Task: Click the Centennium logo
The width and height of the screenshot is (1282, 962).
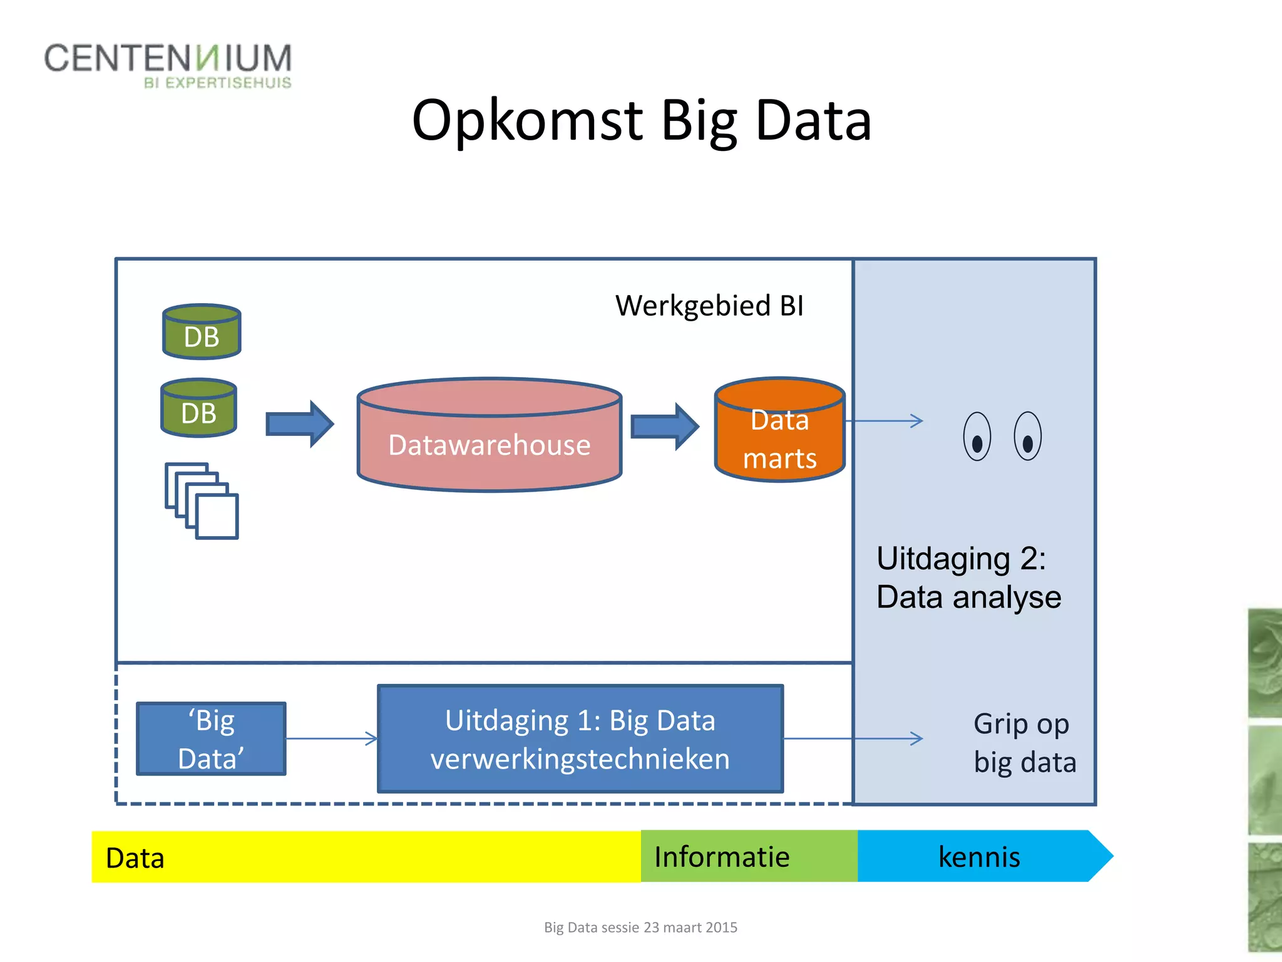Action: click(x=168, y=65)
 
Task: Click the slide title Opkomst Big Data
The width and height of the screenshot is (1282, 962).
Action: click(x=641, y=120)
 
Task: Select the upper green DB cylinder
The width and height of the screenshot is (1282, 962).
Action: click(x=202, y=332)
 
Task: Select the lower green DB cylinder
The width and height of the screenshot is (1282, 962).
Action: click(x=199, y=408)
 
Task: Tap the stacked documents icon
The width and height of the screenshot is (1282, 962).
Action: click(x=202, y=501)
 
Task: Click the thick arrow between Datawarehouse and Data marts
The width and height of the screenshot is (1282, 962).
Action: click(x=664, y=427)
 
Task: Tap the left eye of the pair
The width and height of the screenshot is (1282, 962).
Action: click(x=977, y=437)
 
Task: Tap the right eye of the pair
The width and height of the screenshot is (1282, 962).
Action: click(x=1027, y=437)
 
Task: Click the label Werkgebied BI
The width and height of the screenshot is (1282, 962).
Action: click(x=709, y=306)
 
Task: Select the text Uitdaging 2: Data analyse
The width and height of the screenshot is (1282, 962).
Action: click(x=968, y=577)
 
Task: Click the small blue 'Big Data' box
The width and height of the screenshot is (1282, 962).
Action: click(x=212, y=739)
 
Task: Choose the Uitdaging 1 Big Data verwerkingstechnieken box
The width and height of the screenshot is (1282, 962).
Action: click(x=580, y=739)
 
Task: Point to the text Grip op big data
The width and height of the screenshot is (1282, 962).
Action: click(x=1024, y=743)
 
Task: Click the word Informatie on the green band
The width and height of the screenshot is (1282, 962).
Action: click(x=722, y=857)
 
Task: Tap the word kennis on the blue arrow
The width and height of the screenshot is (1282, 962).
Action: click(x=979, y=857)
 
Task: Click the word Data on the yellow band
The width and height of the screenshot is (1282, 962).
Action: click(x=135, y=858)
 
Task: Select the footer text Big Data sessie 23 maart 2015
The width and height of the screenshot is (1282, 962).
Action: click(x=640, y=928)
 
